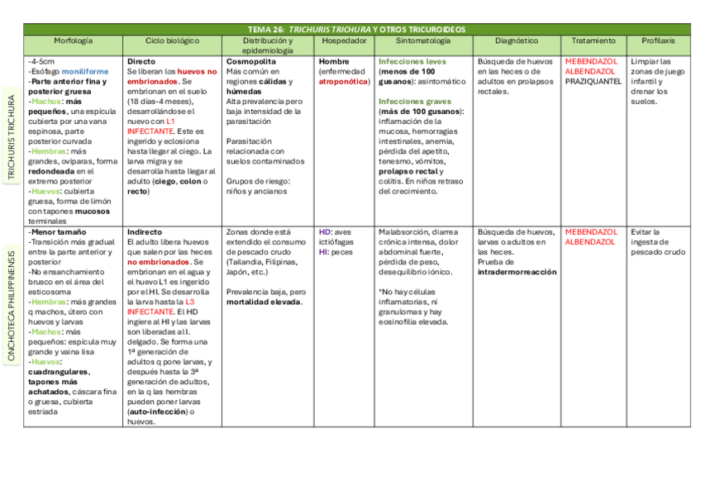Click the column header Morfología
tap(74, 40)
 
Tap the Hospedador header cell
tap(345, 40)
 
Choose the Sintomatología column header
tap(423, 40)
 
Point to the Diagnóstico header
tap(517, 40)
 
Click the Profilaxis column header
tap(658, 40)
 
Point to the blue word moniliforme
tap(85, 72)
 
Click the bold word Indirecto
tap(145, 232)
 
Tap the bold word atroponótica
tap(343, 82)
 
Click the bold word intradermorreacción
tap(517, 272)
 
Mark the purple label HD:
tap(325, 232)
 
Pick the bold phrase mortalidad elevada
tap(264, 302)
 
